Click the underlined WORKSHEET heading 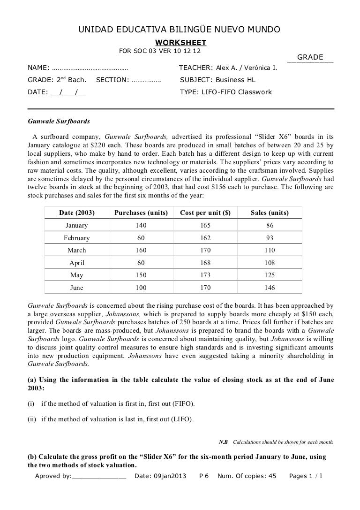tap(180, 43)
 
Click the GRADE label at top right tap(310, 57)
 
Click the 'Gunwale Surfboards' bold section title tap(59, 121)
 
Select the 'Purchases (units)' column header tap(141, 213)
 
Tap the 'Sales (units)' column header tap(270, 213)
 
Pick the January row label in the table tap(76, 226)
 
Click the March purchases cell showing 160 tap(141, 250)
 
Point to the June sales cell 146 tap(270, 287)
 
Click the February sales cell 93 tap(270, 238)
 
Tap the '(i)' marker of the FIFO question tap(32, 404)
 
